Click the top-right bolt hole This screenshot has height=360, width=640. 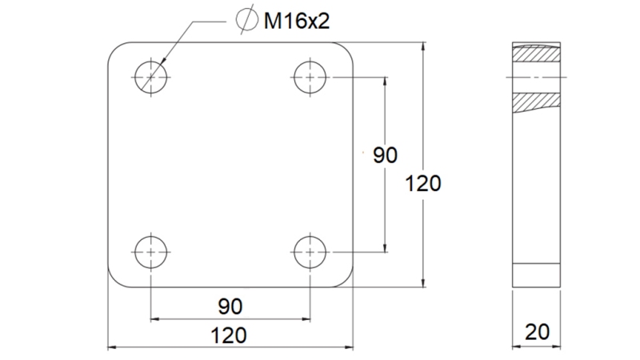(310, 77)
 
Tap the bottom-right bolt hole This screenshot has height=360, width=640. (310, 253)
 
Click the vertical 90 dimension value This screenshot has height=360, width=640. (385, 155)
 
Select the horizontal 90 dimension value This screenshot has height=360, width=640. (230, 306)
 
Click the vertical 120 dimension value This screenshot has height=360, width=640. (423, 183)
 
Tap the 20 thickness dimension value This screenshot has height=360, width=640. (537, 330)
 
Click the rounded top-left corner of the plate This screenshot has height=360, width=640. (114, 49)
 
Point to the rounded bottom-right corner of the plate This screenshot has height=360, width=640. (346, 280)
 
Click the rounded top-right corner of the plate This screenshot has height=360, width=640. (346, 49)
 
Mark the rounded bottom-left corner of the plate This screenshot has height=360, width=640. (114, 280)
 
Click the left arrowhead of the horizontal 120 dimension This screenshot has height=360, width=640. (111, 348)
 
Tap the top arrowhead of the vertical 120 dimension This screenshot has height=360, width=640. (422, 46)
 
